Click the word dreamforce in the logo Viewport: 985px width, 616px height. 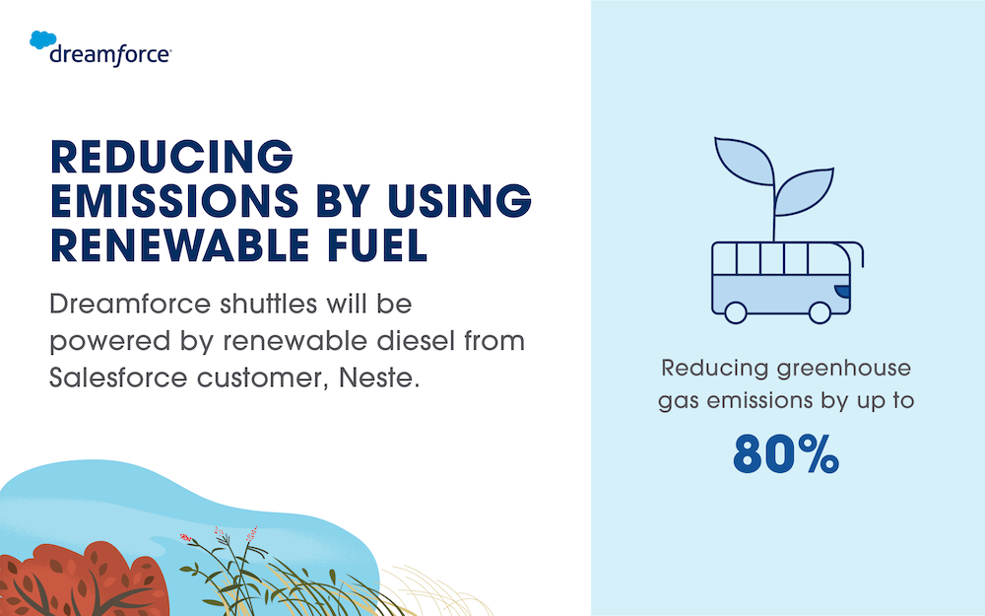[110, 54]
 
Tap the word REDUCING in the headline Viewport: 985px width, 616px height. [171, 158]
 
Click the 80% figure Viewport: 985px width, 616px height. [786, 452]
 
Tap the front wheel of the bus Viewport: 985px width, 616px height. [819, 312]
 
